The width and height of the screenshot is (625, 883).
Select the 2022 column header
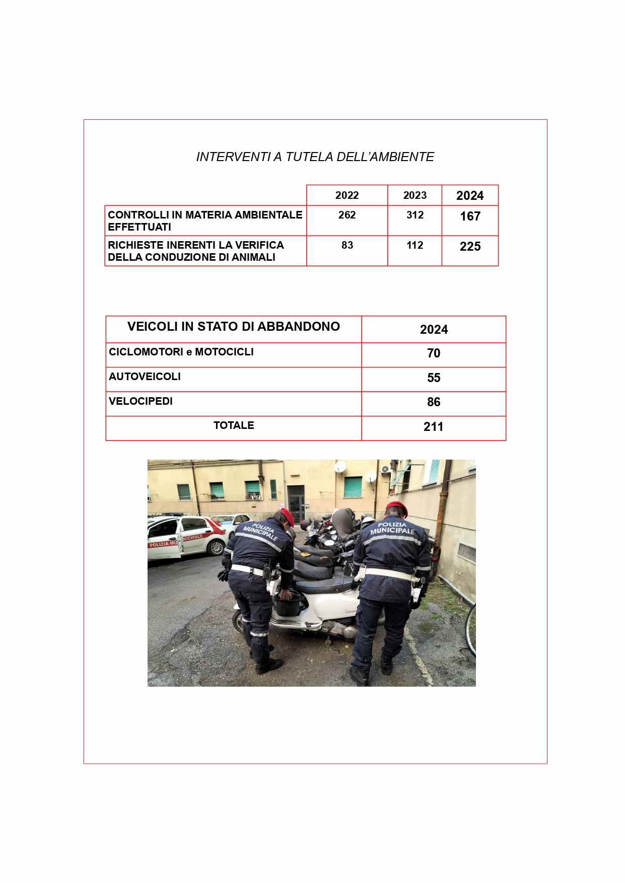pyautogui.click(x=347, y=195)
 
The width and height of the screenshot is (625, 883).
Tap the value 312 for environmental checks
pyautogui.click(x=415, y=215)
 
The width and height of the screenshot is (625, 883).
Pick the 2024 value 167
pyautogui.click(x=470, y=216)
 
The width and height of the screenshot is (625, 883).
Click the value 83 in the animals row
pyautogui.click(x=347, y=245)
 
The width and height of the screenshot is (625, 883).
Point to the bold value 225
pyautogui.click(x=470, y=247)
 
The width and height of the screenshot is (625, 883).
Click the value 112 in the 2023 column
pyautogui.click(x=415, y=245)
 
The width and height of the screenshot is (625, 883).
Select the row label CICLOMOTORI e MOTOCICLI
pyautogui.click(x=181, y=352)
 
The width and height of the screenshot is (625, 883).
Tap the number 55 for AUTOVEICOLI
pyautogui.click(x=434, y=378)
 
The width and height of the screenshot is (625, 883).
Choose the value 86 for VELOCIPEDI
pyautogui.click(x=434, y=402)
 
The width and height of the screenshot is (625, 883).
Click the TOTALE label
pyautogui.click(x=234, y=425)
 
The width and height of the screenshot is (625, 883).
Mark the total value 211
pyautogui.click(x=434, y=427)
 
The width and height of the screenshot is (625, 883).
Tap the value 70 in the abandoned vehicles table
pyautogui.click(x=434, y=353)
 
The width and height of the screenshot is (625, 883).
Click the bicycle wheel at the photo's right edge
pyautogui.click(x=470, y=629)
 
